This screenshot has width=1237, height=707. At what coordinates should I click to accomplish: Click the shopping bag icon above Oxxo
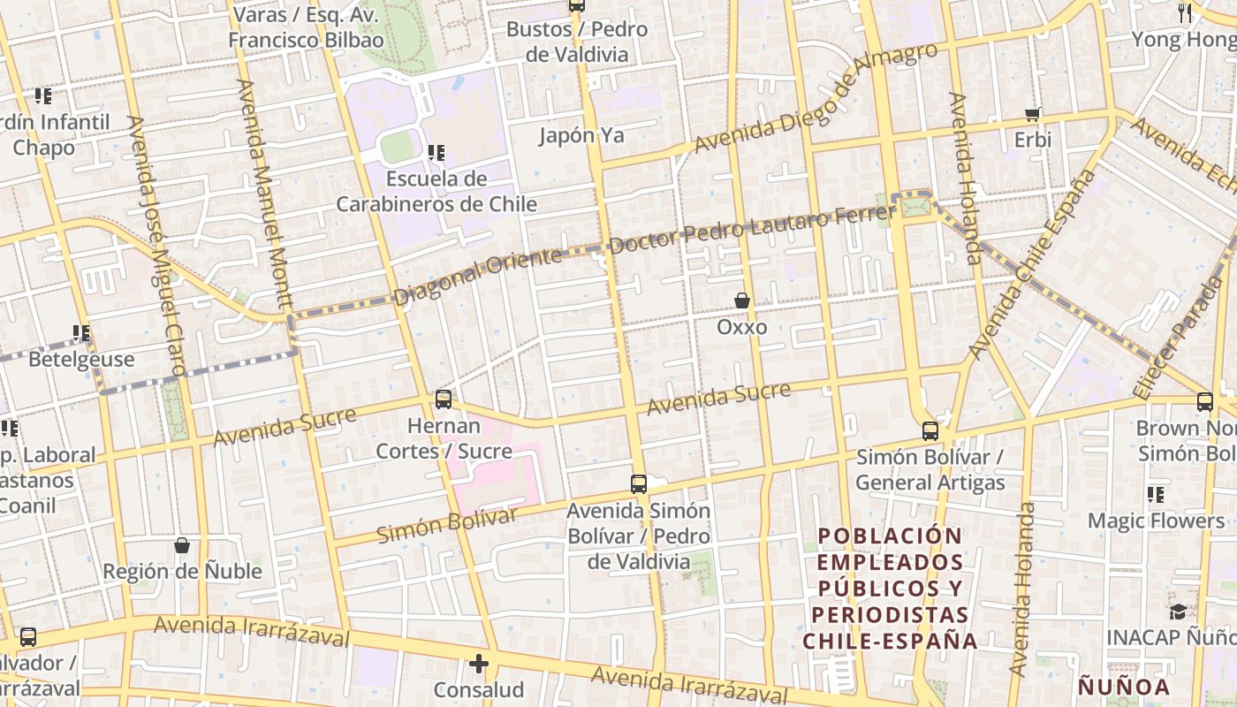[x=742, y=301]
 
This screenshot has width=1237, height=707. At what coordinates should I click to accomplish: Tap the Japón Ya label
[x=581, y=135]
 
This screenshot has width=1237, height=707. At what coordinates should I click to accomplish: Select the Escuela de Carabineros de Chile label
[x=436, y=192]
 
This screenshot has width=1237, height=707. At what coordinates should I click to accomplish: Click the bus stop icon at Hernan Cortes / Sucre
[x=444, y=399]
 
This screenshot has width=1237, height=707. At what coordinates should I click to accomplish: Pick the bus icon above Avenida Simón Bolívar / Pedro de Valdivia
[x=639, y=483]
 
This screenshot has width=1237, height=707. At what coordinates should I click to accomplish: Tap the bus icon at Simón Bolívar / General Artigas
[x=930, y=431]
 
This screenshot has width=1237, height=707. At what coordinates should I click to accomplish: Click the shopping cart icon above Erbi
[x=1032, y=114]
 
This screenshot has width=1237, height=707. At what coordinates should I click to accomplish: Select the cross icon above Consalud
[x=479, y=664]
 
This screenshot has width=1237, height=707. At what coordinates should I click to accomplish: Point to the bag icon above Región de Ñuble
[x=182, y=545]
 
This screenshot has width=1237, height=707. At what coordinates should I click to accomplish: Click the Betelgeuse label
[x=81, y=360]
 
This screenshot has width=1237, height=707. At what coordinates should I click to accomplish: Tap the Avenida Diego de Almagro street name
[x=815, y=97]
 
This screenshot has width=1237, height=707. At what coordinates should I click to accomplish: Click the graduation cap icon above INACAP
[x=1178, y=612]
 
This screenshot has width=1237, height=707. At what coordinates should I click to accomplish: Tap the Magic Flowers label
[x=1156, y=521]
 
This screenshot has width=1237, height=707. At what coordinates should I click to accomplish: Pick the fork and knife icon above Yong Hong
[x=1185, y=13]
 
